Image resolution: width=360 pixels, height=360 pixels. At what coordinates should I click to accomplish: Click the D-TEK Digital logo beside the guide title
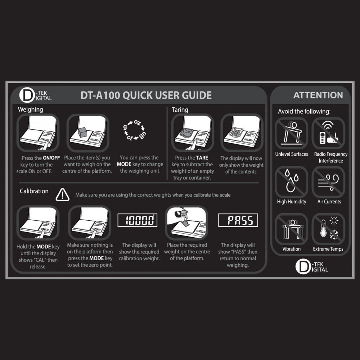36,95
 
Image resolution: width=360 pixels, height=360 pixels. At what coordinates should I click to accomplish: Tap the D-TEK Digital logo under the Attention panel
311,266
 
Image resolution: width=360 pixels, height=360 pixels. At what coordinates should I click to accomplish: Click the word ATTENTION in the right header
318,95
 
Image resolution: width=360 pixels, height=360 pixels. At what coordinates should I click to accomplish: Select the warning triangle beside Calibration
62,195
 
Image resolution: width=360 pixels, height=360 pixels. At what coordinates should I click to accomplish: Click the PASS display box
238,220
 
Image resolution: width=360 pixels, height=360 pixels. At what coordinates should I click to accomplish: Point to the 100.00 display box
137,220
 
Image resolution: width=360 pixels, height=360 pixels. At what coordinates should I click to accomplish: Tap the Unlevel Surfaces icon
291,133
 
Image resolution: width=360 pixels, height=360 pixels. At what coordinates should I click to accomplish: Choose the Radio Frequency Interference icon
328,133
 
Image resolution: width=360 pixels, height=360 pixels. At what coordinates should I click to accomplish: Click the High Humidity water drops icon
291,182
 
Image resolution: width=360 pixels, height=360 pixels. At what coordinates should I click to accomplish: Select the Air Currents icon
328,182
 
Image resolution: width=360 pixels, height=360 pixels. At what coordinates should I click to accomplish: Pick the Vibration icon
291,229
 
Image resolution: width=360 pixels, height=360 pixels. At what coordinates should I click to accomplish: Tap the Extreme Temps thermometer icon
328,229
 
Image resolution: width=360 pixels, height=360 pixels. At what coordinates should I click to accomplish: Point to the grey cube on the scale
82,132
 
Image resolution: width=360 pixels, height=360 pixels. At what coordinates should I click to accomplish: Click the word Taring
180,110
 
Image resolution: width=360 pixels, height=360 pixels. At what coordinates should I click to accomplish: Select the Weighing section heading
31,109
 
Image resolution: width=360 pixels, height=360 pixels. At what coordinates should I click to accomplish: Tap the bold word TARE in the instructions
202,158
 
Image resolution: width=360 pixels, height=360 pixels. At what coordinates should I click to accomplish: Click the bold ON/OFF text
51,158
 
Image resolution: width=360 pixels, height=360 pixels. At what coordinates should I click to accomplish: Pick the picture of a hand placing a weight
186,223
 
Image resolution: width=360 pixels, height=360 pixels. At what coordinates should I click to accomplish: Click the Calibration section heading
34,191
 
